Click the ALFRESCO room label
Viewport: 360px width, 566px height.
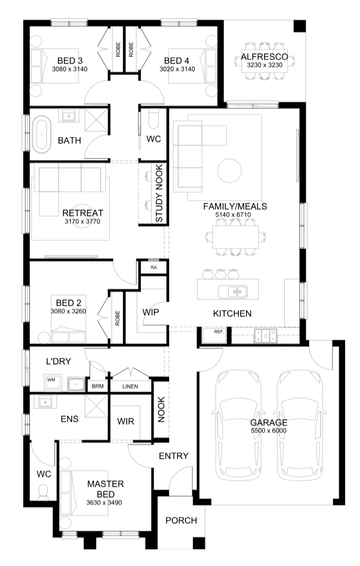click(x=265, y=56)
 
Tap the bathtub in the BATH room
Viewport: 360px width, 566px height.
click(x=42, y=134)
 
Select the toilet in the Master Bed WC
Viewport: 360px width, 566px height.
click(x=43, y=492)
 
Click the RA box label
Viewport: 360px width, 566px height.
click(x=154, y=267)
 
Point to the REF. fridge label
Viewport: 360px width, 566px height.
click(x=219, y=331)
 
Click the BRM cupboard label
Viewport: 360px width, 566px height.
click(x=97, y=386)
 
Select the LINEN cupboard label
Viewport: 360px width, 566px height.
click(x=130, y=386)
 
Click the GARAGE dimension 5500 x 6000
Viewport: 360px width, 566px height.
click(x=269, y=431)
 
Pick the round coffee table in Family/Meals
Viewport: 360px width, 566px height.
click(x=229, y=171)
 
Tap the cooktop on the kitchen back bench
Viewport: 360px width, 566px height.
click(x=266, y=336)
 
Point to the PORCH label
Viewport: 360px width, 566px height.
click(x=181, y=520)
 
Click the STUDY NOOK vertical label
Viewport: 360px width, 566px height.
click(x=159, y=193)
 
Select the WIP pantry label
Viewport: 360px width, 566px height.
click(x=150, y=312)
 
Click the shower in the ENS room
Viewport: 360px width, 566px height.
click(x=96, y=406)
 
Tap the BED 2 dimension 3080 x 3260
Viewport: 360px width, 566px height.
click(x=68, y=311)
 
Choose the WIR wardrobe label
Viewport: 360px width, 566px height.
click(x=126, y=421)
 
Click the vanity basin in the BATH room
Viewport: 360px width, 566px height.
click(x=69, y=116)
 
